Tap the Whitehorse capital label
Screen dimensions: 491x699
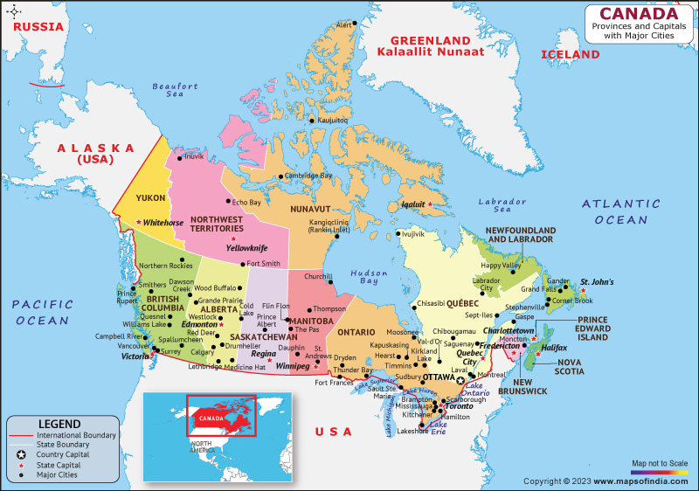pos(163,223)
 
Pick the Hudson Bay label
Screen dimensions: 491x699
pos(369,278)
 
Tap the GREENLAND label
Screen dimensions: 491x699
pos(431,40)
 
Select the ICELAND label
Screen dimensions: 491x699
pos(571,54)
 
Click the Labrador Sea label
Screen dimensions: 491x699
pos(502,205)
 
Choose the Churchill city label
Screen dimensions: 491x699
pos(317,277)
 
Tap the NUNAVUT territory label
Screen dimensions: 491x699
pos(311,210)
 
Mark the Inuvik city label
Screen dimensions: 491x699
pos(194,156)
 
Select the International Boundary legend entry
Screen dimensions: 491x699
pos(73,434)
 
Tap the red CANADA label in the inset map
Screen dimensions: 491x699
pos(213,418)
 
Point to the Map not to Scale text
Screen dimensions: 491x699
pos(660,463)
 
